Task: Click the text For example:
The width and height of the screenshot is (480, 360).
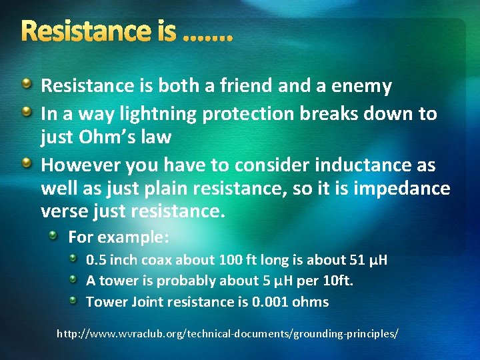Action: coord(119,237)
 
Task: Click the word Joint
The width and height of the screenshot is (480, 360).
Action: coord(145,302)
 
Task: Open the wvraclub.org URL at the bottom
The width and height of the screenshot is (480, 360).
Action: coord(227,331)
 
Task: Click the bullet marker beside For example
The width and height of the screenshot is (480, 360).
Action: coord(59,235)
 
